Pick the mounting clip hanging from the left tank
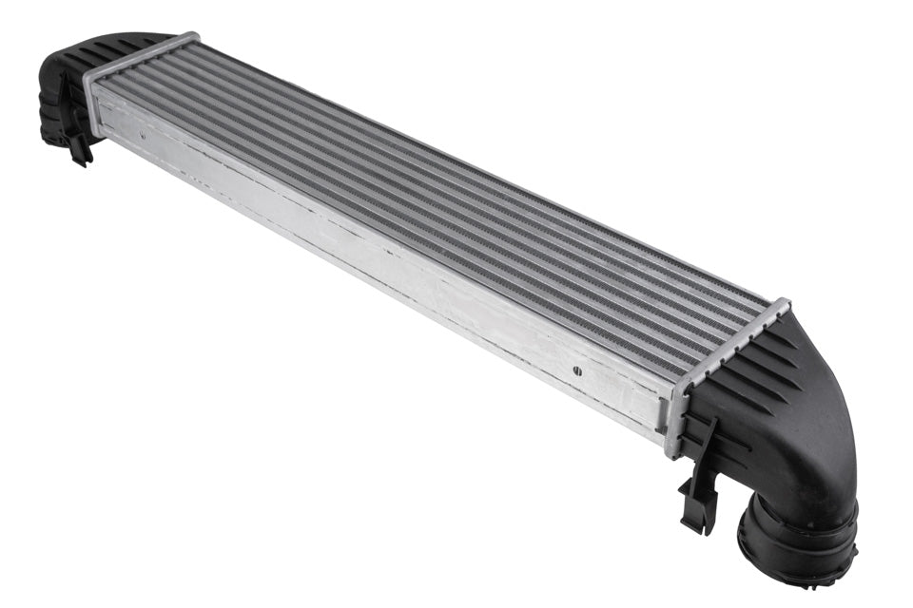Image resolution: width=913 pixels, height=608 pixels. click(78, 142)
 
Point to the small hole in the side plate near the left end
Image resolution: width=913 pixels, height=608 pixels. click(143, 136)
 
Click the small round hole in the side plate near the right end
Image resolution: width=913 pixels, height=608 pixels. click(576, 372)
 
